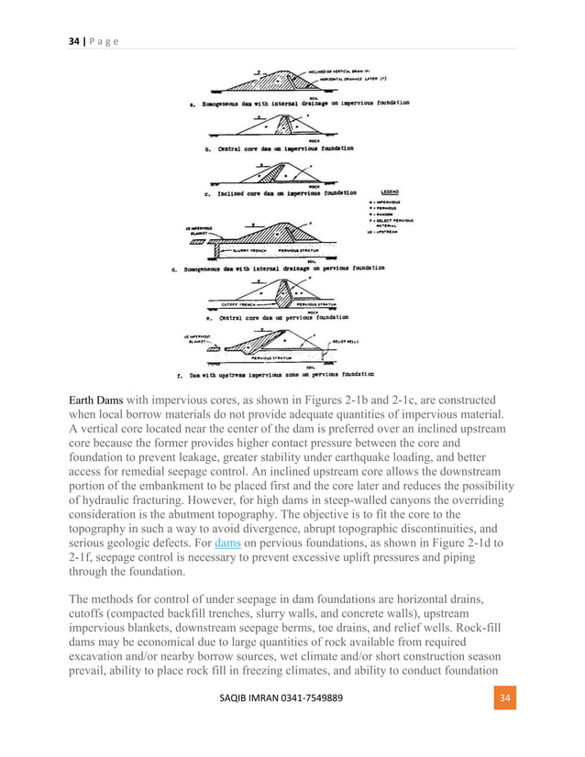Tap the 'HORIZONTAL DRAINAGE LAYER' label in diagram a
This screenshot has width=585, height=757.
pos(328,79)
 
